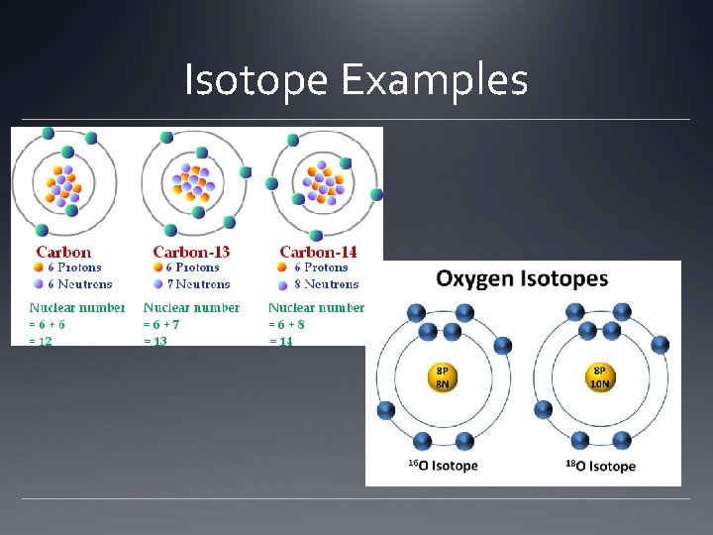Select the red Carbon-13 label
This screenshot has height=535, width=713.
tap(191, 253)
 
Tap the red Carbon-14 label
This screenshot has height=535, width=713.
tap(318, 253)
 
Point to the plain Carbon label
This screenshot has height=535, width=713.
tap(63, 253)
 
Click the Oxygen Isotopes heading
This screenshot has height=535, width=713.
tap(522, 278)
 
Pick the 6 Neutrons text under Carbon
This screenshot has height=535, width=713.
tap(80, 284)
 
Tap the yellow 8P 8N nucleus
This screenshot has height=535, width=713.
tap(443, 378)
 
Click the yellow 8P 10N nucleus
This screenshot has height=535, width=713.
tap(600, 378)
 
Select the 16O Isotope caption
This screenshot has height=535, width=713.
tap(443, 466)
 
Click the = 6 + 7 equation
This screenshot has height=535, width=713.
tap(161, 324)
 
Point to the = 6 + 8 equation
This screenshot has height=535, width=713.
tap(287, 324)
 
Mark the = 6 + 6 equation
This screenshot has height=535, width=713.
tap(48, 324)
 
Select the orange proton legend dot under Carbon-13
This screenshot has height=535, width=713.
tap(157, 267)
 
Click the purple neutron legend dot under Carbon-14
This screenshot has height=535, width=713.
tap(284, 284)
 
